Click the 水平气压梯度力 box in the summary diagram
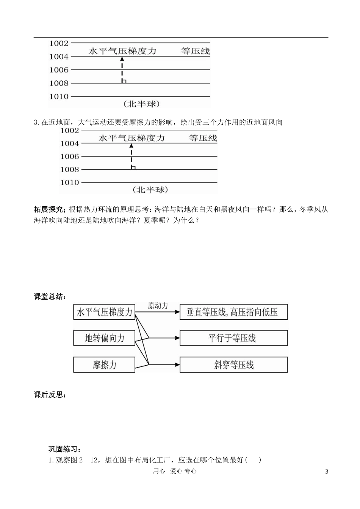(104, 312)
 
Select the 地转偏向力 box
(104, 338)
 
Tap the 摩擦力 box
(104, 365)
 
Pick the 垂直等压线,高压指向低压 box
(233, 312)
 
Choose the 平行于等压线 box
(233, 338)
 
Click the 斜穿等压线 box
(233, 365)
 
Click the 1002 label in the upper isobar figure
(59, 43)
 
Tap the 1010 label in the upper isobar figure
(59, 96)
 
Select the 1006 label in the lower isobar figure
(69, 156)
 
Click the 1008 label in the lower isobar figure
(69, 170)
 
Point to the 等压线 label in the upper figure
(195, 51)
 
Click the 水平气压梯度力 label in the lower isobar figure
(131, 138)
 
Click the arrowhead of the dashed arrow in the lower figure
(131, 146)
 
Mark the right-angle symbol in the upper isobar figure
(124, 81)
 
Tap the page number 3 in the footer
(327, 471)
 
